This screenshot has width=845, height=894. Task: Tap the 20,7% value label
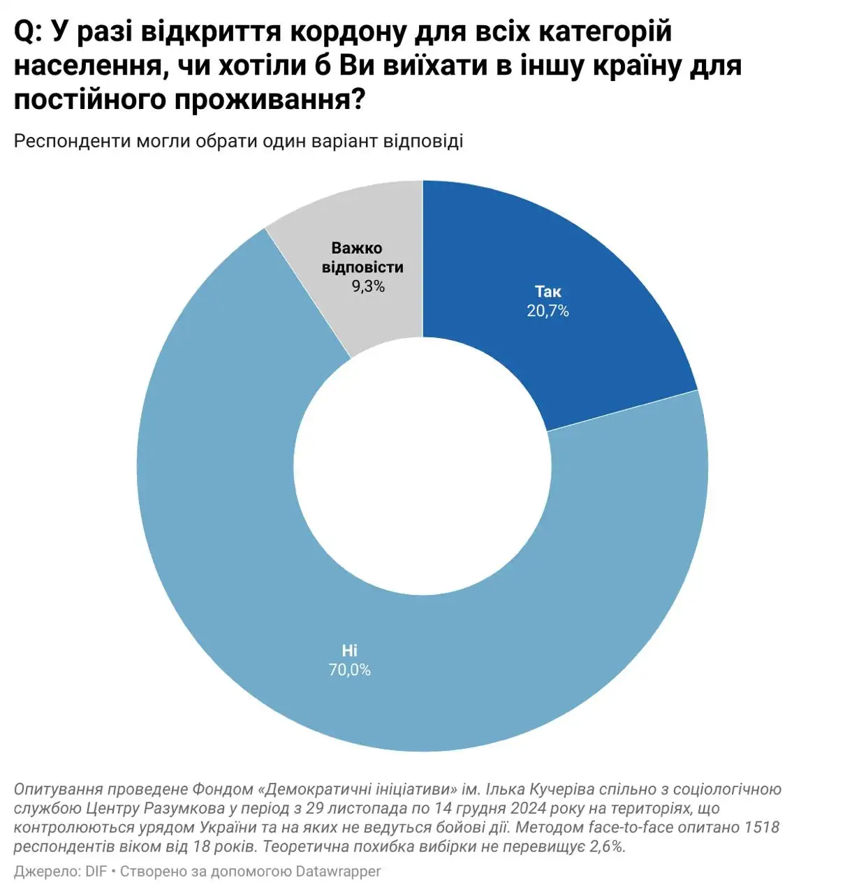pos(548,311)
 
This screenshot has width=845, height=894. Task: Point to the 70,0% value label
pos(349,670)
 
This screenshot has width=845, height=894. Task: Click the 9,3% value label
pos(368,286)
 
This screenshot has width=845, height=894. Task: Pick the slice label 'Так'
pos(548,292)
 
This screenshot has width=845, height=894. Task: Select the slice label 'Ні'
pos(349,651)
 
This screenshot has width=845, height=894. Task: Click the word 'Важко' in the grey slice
pos(356,248)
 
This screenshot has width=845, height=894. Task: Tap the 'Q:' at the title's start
pos(29,33)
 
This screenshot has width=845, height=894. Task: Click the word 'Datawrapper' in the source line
pos(338,872)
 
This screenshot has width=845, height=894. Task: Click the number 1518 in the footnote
pos(761,828)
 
